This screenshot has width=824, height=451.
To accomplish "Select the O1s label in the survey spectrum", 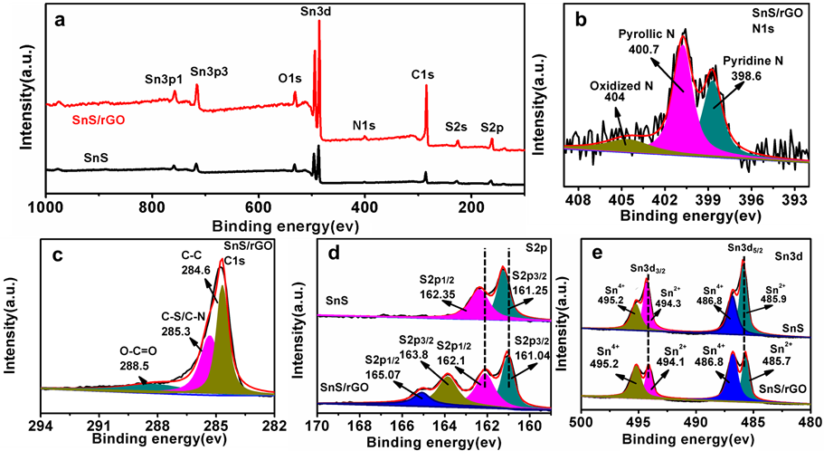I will [289, 79].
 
